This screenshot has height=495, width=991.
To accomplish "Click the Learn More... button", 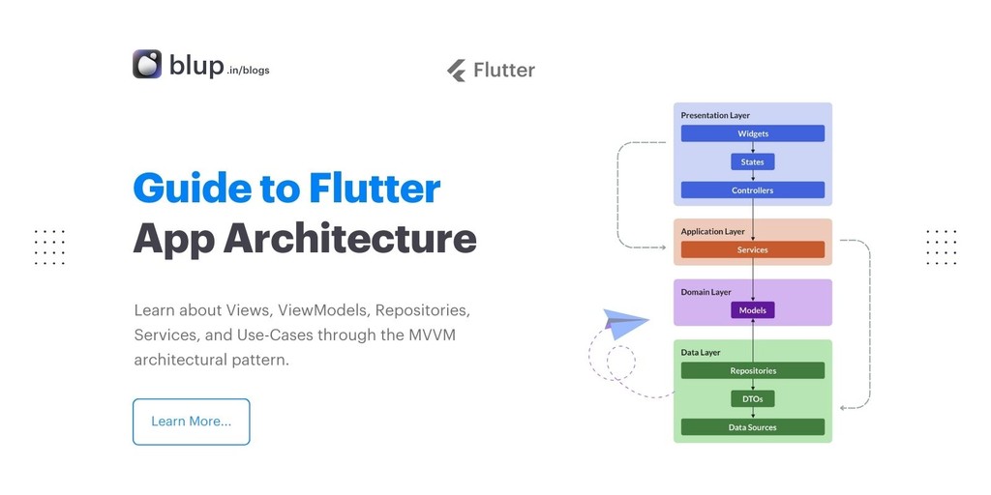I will (191, 422).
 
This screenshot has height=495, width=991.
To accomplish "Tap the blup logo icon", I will (147, 64).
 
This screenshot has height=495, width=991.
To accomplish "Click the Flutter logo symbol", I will (457, 70).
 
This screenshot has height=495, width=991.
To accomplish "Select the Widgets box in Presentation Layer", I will (752, 133).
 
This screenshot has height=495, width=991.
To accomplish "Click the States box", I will (752, 162).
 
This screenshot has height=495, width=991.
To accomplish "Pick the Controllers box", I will (752, 190).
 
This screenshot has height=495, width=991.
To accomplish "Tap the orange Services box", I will (752, 249).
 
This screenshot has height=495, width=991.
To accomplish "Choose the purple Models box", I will (752, 310).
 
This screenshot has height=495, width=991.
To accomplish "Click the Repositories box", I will (752, 370).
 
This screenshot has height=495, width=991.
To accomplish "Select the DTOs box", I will (752, 398).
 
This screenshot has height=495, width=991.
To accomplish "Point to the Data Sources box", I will (752, 427).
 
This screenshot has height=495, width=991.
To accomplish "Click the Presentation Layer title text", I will (715, 115).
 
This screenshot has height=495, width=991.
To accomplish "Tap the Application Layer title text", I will (712, 232).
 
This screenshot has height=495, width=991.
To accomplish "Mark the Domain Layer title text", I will (706, 292).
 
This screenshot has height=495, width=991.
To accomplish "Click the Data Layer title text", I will (700, 353).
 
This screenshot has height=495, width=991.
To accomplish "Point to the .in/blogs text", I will (248, 71).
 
